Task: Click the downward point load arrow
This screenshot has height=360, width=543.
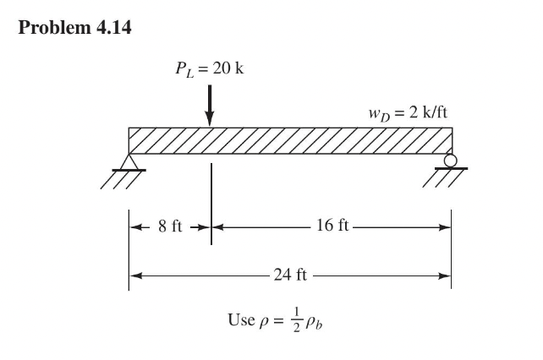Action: tap(211, 105)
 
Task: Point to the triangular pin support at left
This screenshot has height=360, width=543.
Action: tap(129, 161)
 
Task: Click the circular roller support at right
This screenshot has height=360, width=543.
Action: tap(451, 161)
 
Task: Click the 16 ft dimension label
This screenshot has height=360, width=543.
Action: tap(330, 226)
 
